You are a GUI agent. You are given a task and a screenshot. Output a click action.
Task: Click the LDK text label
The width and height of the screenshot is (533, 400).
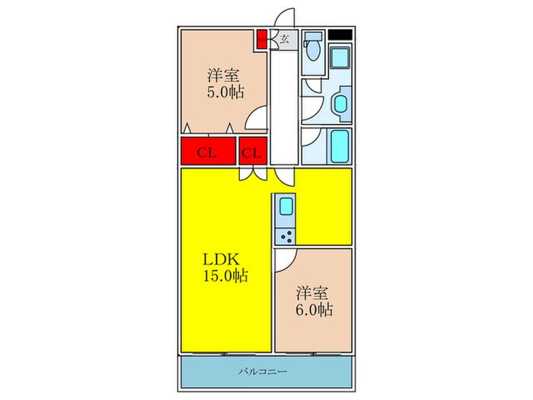224,259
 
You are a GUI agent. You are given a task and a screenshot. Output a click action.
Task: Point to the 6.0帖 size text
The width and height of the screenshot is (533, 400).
314,310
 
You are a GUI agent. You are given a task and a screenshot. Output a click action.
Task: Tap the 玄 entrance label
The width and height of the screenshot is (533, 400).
283,40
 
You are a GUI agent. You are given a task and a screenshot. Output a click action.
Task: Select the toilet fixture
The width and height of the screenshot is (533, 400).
312,49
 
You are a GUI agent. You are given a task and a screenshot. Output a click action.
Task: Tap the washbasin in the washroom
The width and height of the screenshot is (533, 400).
340,104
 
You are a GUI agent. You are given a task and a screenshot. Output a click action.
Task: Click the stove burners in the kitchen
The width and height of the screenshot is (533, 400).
287,235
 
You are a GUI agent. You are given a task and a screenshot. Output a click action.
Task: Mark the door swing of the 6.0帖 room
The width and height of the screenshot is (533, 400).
283,260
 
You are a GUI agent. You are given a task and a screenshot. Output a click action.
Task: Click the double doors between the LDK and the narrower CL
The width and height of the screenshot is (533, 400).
252,173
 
